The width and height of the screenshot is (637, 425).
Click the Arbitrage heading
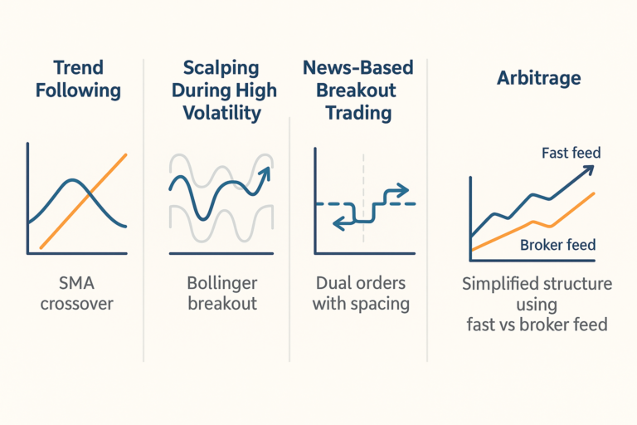527,79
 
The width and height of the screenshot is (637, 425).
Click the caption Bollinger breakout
221,292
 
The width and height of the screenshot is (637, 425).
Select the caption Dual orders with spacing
361,292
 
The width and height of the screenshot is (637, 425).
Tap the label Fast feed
571,153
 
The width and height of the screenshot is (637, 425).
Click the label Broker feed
557,245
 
